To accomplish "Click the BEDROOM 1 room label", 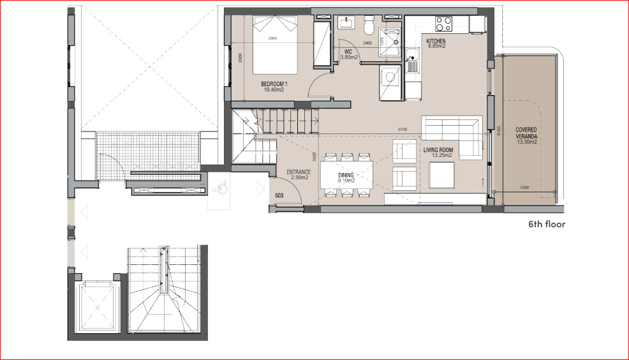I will pyautogui.click(x=273, y=84).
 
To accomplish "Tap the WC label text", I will pyautogui.click(x=348, y=52).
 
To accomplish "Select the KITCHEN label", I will pyautogui.click(x=436, y=41).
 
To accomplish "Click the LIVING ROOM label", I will pyautogui.click(x=438, y=149).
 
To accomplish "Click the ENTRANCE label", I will pyautogui.click(x=298, y=172).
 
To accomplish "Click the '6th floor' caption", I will pyautogui.click(x=546, y=224).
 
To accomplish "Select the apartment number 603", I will pyautogui.click(x=279, y=196).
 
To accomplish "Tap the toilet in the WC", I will pyautogui.click(x=369, y=26).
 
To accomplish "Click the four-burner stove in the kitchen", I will pyautogui.click(x=443, y=24).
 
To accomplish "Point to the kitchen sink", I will pyautogui.click(x=413, y=64).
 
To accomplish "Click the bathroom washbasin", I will pyautogui.click(x=347, y=23).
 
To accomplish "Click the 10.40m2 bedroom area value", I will pyautogui.click(x=273, y=90).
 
